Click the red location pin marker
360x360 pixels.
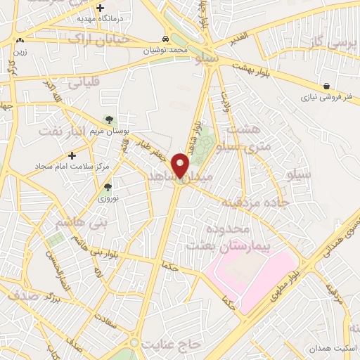[181, 165]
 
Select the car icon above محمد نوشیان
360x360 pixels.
[165, 39]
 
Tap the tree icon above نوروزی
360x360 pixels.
[108, 187]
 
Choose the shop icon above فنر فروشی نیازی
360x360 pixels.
[327, 86]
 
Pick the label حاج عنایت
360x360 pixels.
[172, 345]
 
